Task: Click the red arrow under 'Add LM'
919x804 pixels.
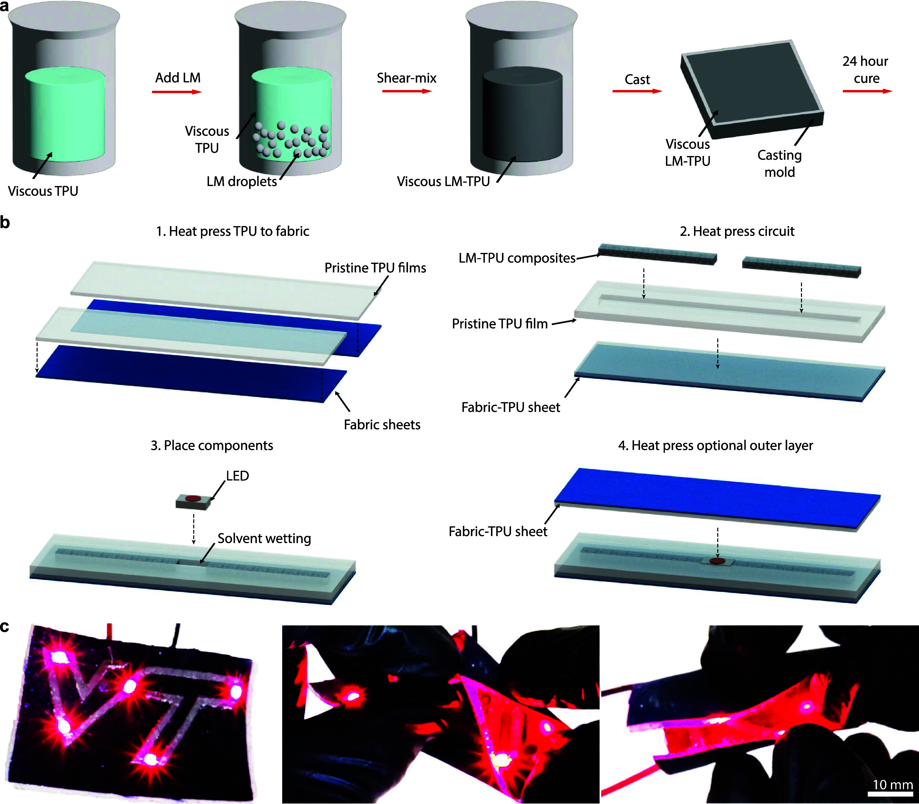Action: (x=177, y=92)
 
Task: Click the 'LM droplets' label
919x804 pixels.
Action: (x=242, y=181)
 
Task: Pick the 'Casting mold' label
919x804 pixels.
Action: (x=780, y=163)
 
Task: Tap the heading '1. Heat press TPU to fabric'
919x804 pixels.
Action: (x=233, y=231)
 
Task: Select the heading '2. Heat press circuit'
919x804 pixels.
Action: (x=737, y=231)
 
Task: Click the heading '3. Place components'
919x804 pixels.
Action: (x=212, y=445)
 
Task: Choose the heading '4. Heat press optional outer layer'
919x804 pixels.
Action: (x=716, y=445)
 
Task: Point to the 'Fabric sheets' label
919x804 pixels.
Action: (x=382, y=424)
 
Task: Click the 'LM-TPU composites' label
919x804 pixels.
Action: (x=517, y=258)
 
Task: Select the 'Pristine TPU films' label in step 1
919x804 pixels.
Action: (x=375, y=268)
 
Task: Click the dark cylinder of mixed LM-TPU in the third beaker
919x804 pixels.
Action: (x=522, y=114)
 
